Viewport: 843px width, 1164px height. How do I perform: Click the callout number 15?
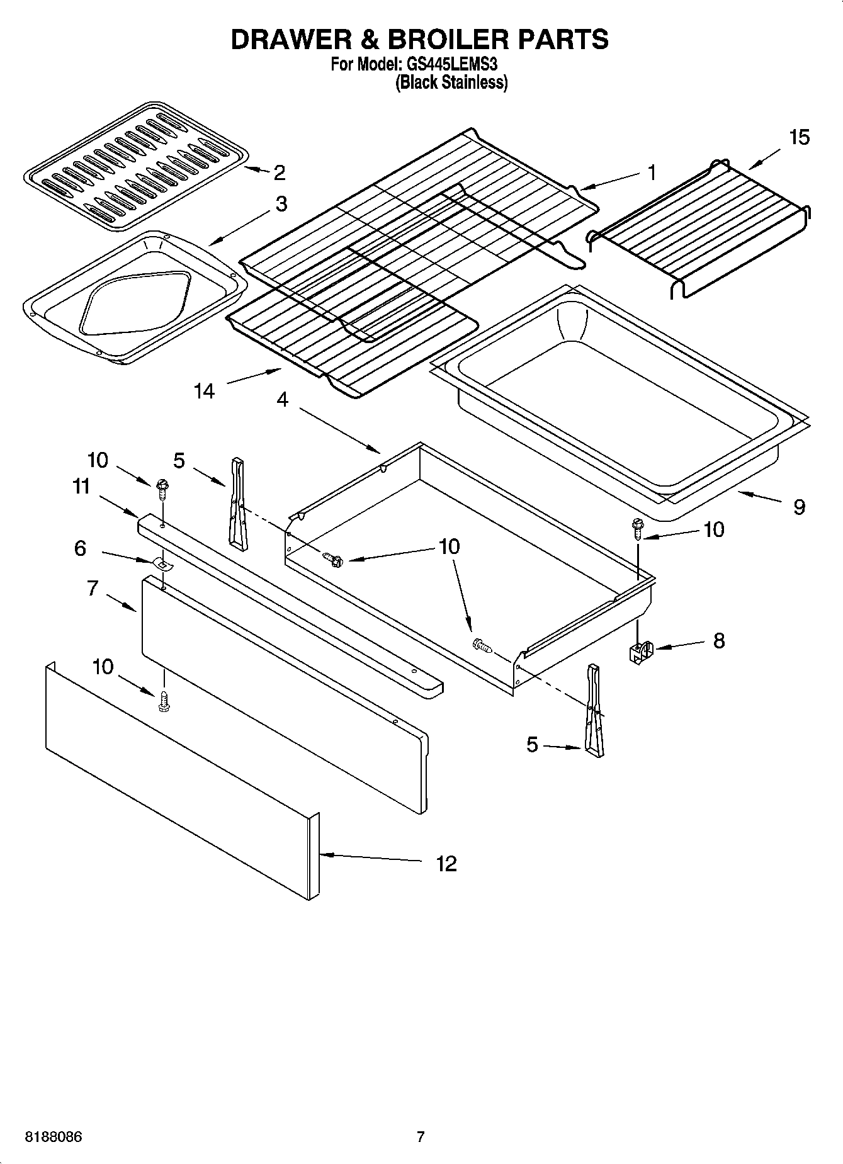[x=799, y=137]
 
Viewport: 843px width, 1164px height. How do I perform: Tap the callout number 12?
[x=446, y=863]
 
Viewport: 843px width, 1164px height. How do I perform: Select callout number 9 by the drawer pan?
[x=798, y=506]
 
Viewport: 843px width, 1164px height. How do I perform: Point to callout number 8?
[x=718, y=640]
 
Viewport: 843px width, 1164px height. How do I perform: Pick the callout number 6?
[x=80, y=548]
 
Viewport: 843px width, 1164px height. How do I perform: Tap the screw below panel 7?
[x=164, y=701]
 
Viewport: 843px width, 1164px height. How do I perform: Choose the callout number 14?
[x=204, y=391]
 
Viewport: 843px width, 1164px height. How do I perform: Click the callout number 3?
[x=281, y=203]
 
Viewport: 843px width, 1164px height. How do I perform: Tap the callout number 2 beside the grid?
[x=279, y=172]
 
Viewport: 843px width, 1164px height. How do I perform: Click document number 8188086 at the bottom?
[x=54, y=1138]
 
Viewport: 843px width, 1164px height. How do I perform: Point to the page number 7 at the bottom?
[x=421, y=1137]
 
